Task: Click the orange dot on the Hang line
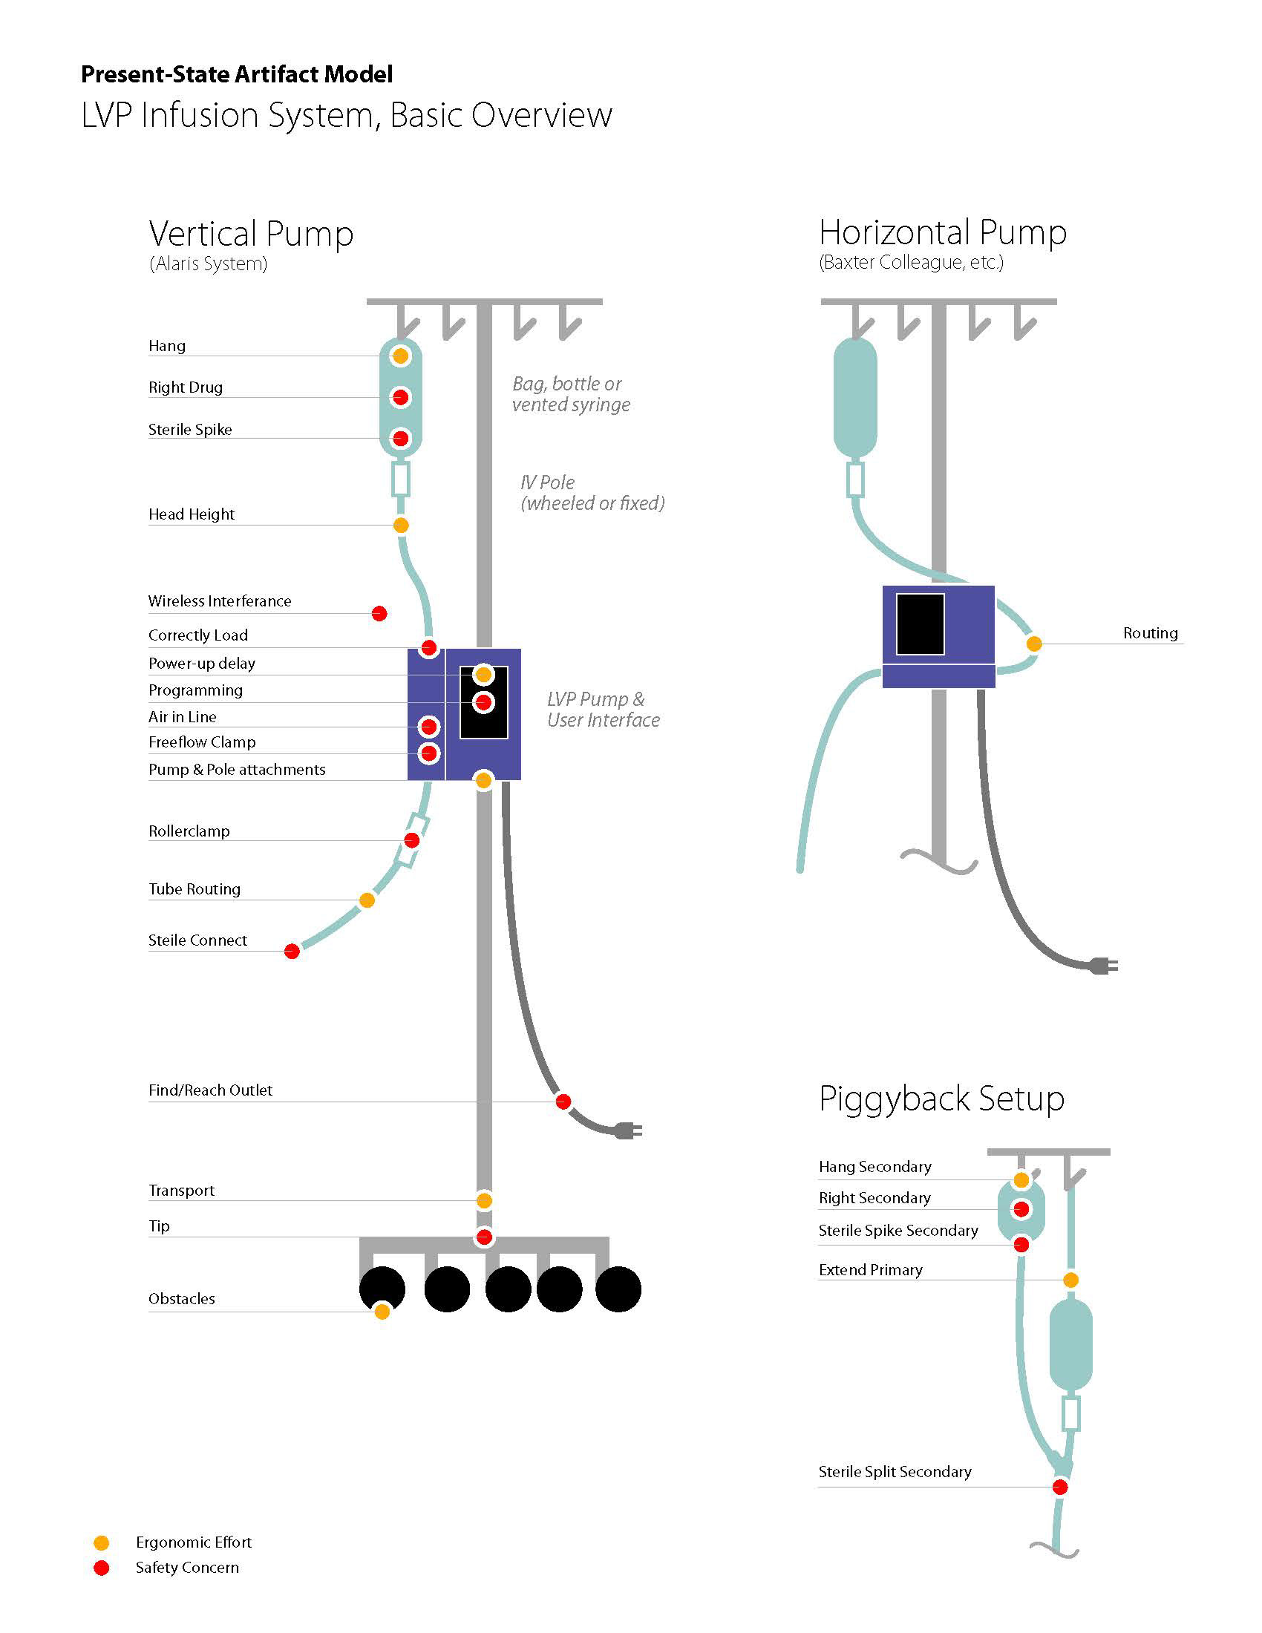(401, 356)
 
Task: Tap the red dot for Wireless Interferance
(379, 613)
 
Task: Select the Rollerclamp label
(189, 831)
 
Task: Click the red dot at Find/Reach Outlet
(563, 1102)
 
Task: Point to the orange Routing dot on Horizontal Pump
(1034, 643)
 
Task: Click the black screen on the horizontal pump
(920, 624)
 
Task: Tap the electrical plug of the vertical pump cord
(628, 1131)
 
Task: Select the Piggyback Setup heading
(941, 1099)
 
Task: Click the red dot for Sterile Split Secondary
(1060, 1488)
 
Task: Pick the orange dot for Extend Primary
(1070, 1280)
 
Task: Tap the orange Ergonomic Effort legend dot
(102, 1542)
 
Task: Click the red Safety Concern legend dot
(102, 1568)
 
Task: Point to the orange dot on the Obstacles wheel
(382, 1312)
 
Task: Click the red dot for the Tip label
(484, 1237)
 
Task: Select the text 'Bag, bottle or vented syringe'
(571, 394)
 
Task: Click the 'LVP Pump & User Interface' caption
(603, 710)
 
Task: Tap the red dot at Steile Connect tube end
(292, 951)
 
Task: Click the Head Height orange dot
(401, 526)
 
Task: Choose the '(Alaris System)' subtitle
(208, 264)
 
